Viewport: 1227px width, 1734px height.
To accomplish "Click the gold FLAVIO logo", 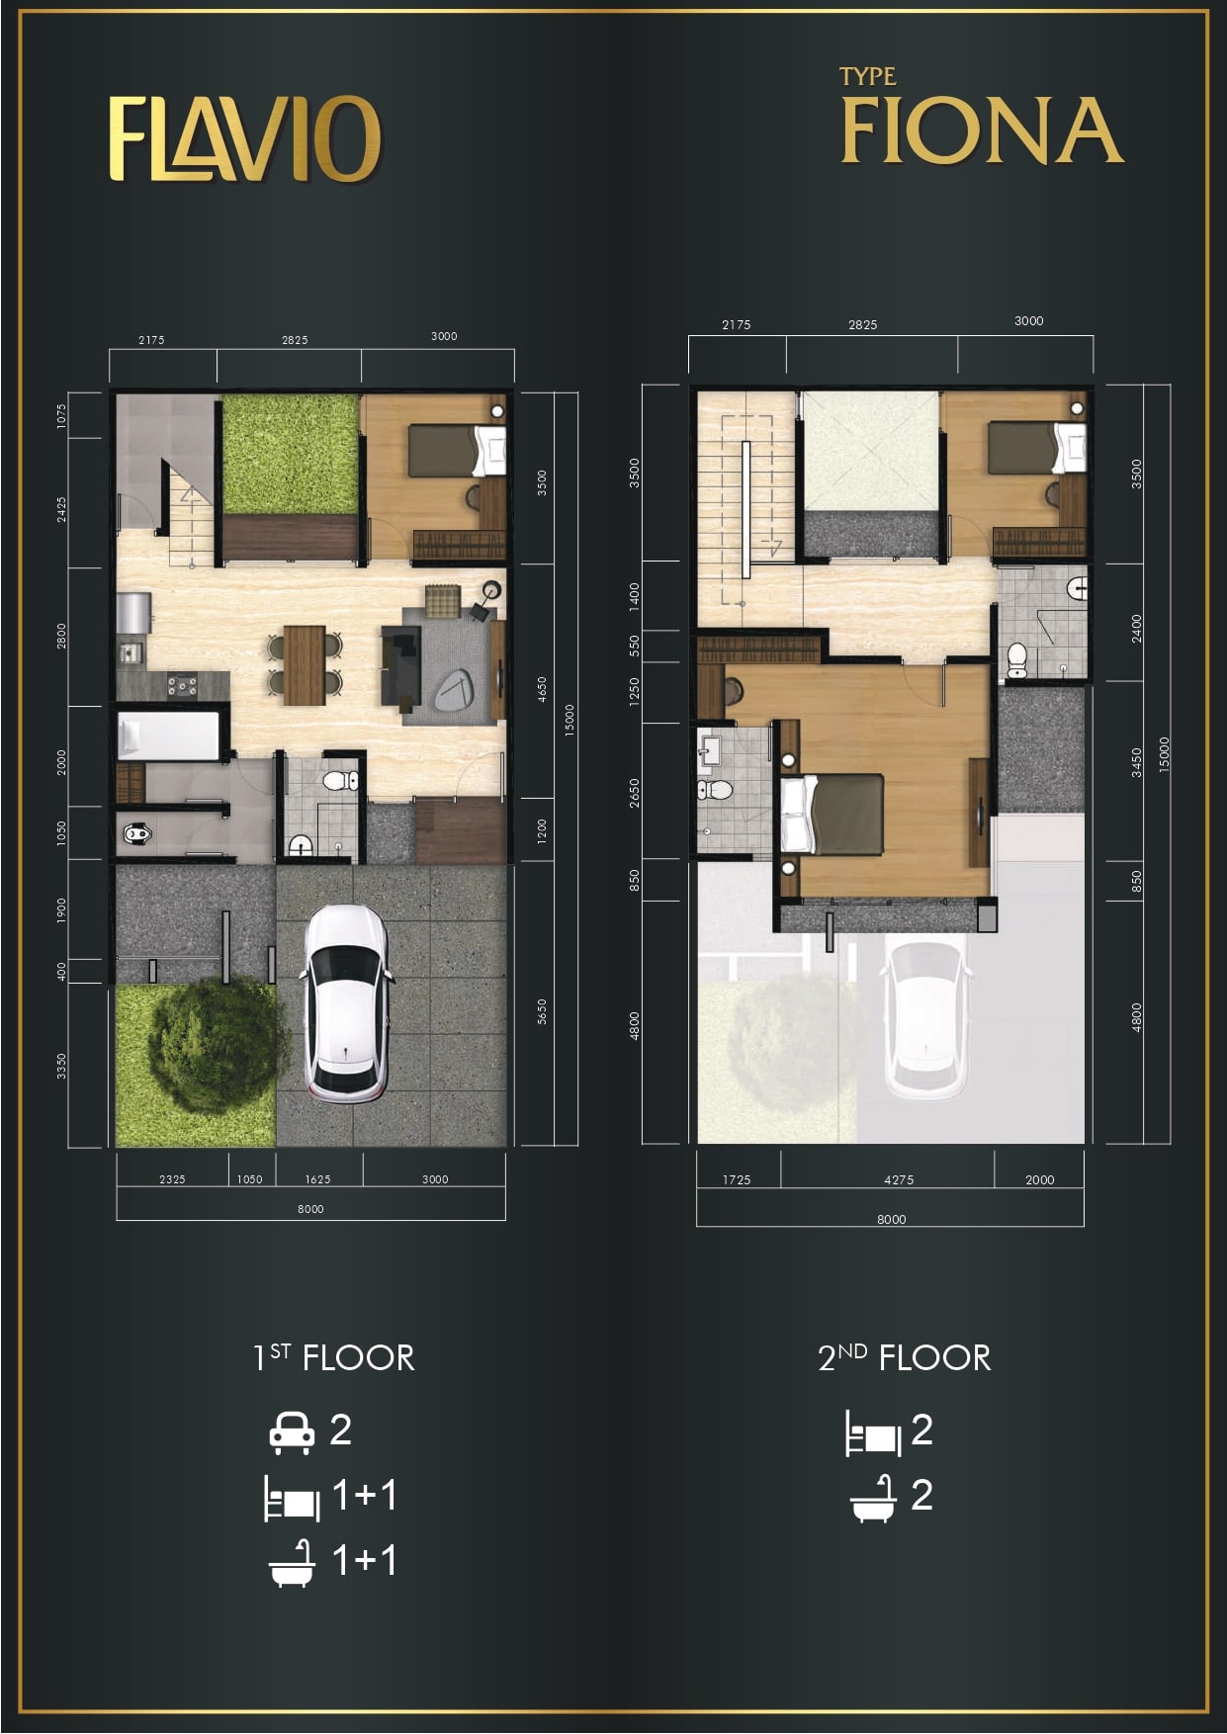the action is pos(244,138).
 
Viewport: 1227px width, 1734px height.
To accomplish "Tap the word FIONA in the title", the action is pos(982,130).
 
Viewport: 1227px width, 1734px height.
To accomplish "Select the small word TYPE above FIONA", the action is pos(867,76).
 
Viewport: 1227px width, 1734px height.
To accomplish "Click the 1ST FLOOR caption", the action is pos(333,1357).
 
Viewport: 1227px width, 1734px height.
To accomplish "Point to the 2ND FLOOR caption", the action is pos(904,1357).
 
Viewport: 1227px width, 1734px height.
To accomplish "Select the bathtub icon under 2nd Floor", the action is pos(873,1498).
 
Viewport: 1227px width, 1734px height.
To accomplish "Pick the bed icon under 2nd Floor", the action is pos(873,1433).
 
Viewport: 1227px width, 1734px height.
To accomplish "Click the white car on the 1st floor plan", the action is pos(345,1003).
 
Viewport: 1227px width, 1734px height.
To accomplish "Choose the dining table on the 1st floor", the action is pos(305,665).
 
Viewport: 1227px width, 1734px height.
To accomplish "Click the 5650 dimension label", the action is pos(542,1011).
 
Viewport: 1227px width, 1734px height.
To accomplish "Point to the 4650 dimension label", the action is pos(542,689).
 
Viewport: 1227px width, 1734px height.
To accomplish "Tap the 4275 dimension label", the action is pos(899,1179).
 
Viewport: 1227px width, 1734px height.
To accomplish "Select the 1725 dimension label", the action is pos(737,1179).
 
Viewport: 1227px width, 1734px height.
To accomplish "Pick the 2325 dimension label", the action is pos(172,1179).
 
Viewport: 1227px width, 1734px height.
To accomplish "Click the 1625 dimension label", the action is pos(317,1179).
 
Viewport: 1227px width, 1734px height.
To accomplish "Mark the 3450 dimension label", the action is pos(1137,761).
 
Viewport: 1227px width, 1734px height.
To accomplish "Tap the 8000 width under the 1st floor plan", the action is pos(310,1209).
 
